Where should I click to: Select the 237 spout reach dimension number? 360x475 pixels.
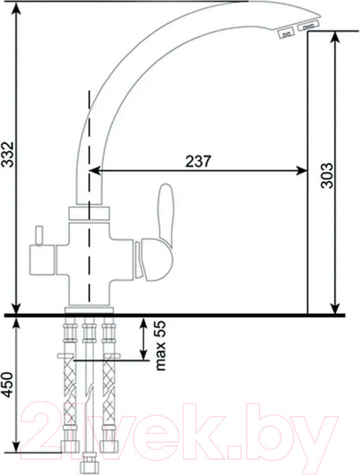[x=197, y=160]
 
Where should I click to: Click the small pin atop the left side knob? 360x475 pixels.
[x=36, y=235]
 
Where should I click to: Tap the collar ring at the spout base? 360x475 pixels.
[x=88, y=213]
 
